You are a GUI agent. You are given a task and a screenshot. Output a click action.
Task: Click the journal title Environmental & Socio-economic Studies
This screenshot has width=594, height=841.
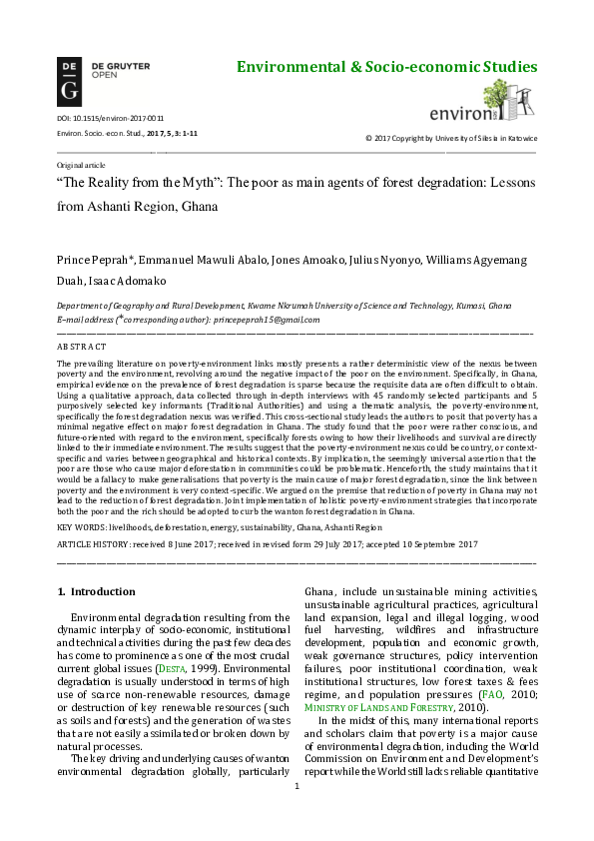tap(386, 68)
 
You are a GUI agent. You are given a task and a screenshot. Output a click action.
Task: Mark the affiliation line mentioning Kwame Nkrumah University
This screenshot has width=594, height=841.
tap(284, 306)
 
